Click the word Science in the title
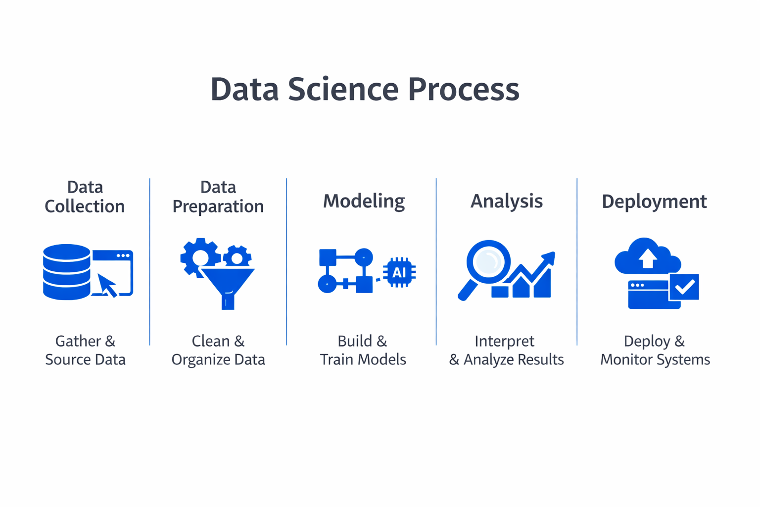pos(342,90)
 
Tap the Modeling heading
pos(364,201)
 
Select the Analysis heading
pos(506,201)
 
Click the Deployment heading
pos(654,202)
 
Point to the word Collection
pos(85,206)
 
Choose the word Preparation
pos(218,206)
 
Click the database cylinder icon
pos(66,272)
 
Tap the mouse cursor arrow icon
pos(107,285)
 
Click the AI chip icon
pos(399,272)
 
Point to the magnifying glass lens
pos(488,261)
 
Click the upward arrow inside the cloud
pos(647,257)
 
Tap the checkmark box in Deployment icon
pos(684,287)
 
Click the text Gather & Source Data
pos(85,350)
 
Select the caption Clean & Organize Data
pos(218,350)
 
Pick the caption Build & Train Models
pos(363,350)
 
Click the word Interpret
pos(504,341)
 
